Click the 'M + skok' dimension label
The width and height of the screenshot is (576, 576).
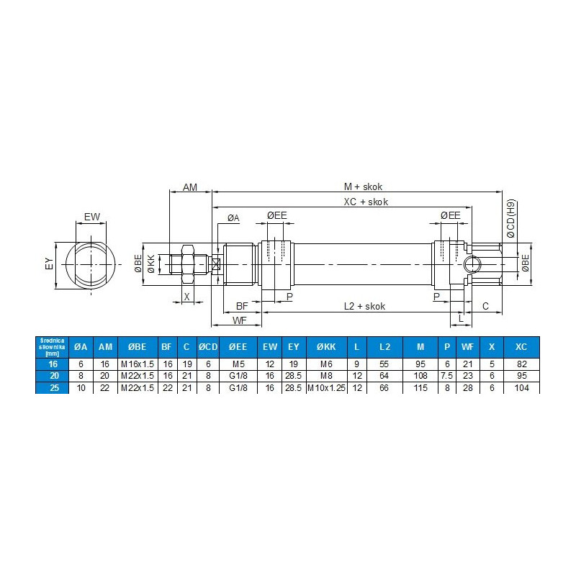363,186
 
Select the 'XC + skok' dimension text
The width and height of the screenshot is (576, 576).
366,202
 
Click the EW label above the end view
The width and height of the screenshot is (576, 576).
91,217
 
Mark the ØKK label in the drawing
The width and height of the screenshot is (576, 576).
150,264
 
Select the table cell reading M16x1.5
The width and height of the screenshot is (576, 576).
137,365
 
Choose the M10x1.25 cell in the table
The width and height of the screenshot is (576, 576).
326,388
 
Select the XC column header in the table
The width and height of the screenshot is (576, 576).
522,347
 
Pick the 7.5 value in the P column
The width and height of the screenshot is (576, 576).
447,377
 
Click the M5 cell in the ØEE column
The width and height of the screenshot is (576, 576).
238,365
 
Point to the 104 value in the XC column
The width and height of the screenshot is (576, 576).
522,388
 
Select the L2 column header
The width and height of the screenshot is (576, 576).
386,347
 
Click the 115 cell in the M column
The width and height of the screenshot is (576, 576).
420,388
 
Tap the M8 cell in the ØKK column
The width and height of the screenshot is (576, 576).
326,377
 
